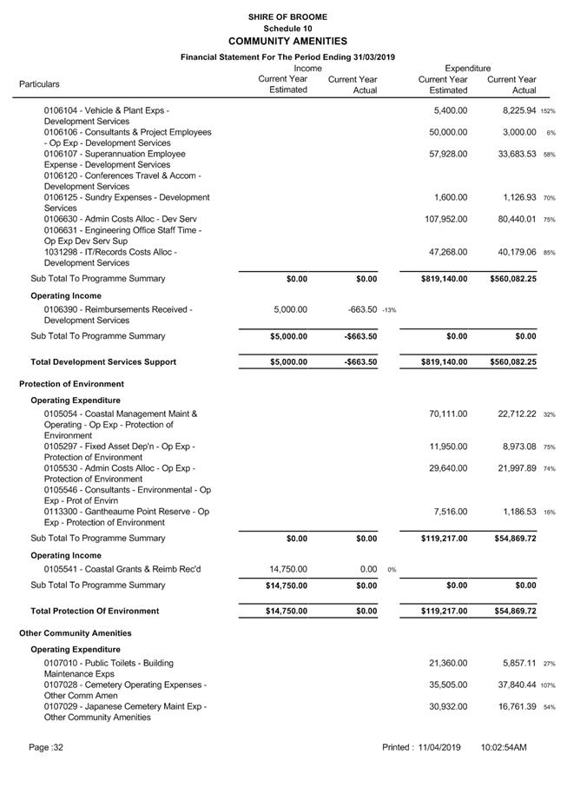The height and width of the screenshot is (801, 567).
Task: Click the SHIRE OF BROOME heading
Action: tap(287, 17)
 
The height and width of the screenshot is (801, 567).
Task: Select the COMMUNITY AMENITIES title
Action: tap(287, 41)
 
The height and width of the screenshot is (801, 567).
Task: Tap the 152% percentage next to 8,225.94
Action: tap(548, 111)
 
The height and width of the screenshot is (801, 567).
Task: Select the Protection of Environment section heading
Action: tap(71, 384)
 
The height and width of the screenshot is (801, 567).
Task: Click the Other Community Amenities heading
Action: tap(76, 633)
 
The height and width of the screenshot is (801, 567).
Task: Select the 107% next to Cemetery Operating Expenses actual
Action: tap(548, 685)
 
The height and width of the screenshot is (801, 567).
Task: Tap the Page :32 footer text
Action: tap(46, 747)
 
